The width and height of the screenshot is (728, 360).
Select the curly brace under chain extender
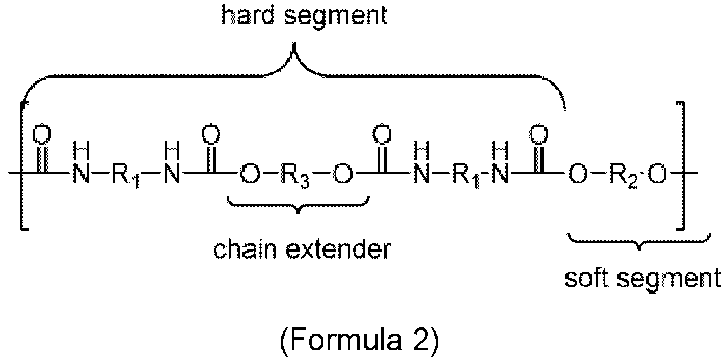[x=298, y=205]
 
